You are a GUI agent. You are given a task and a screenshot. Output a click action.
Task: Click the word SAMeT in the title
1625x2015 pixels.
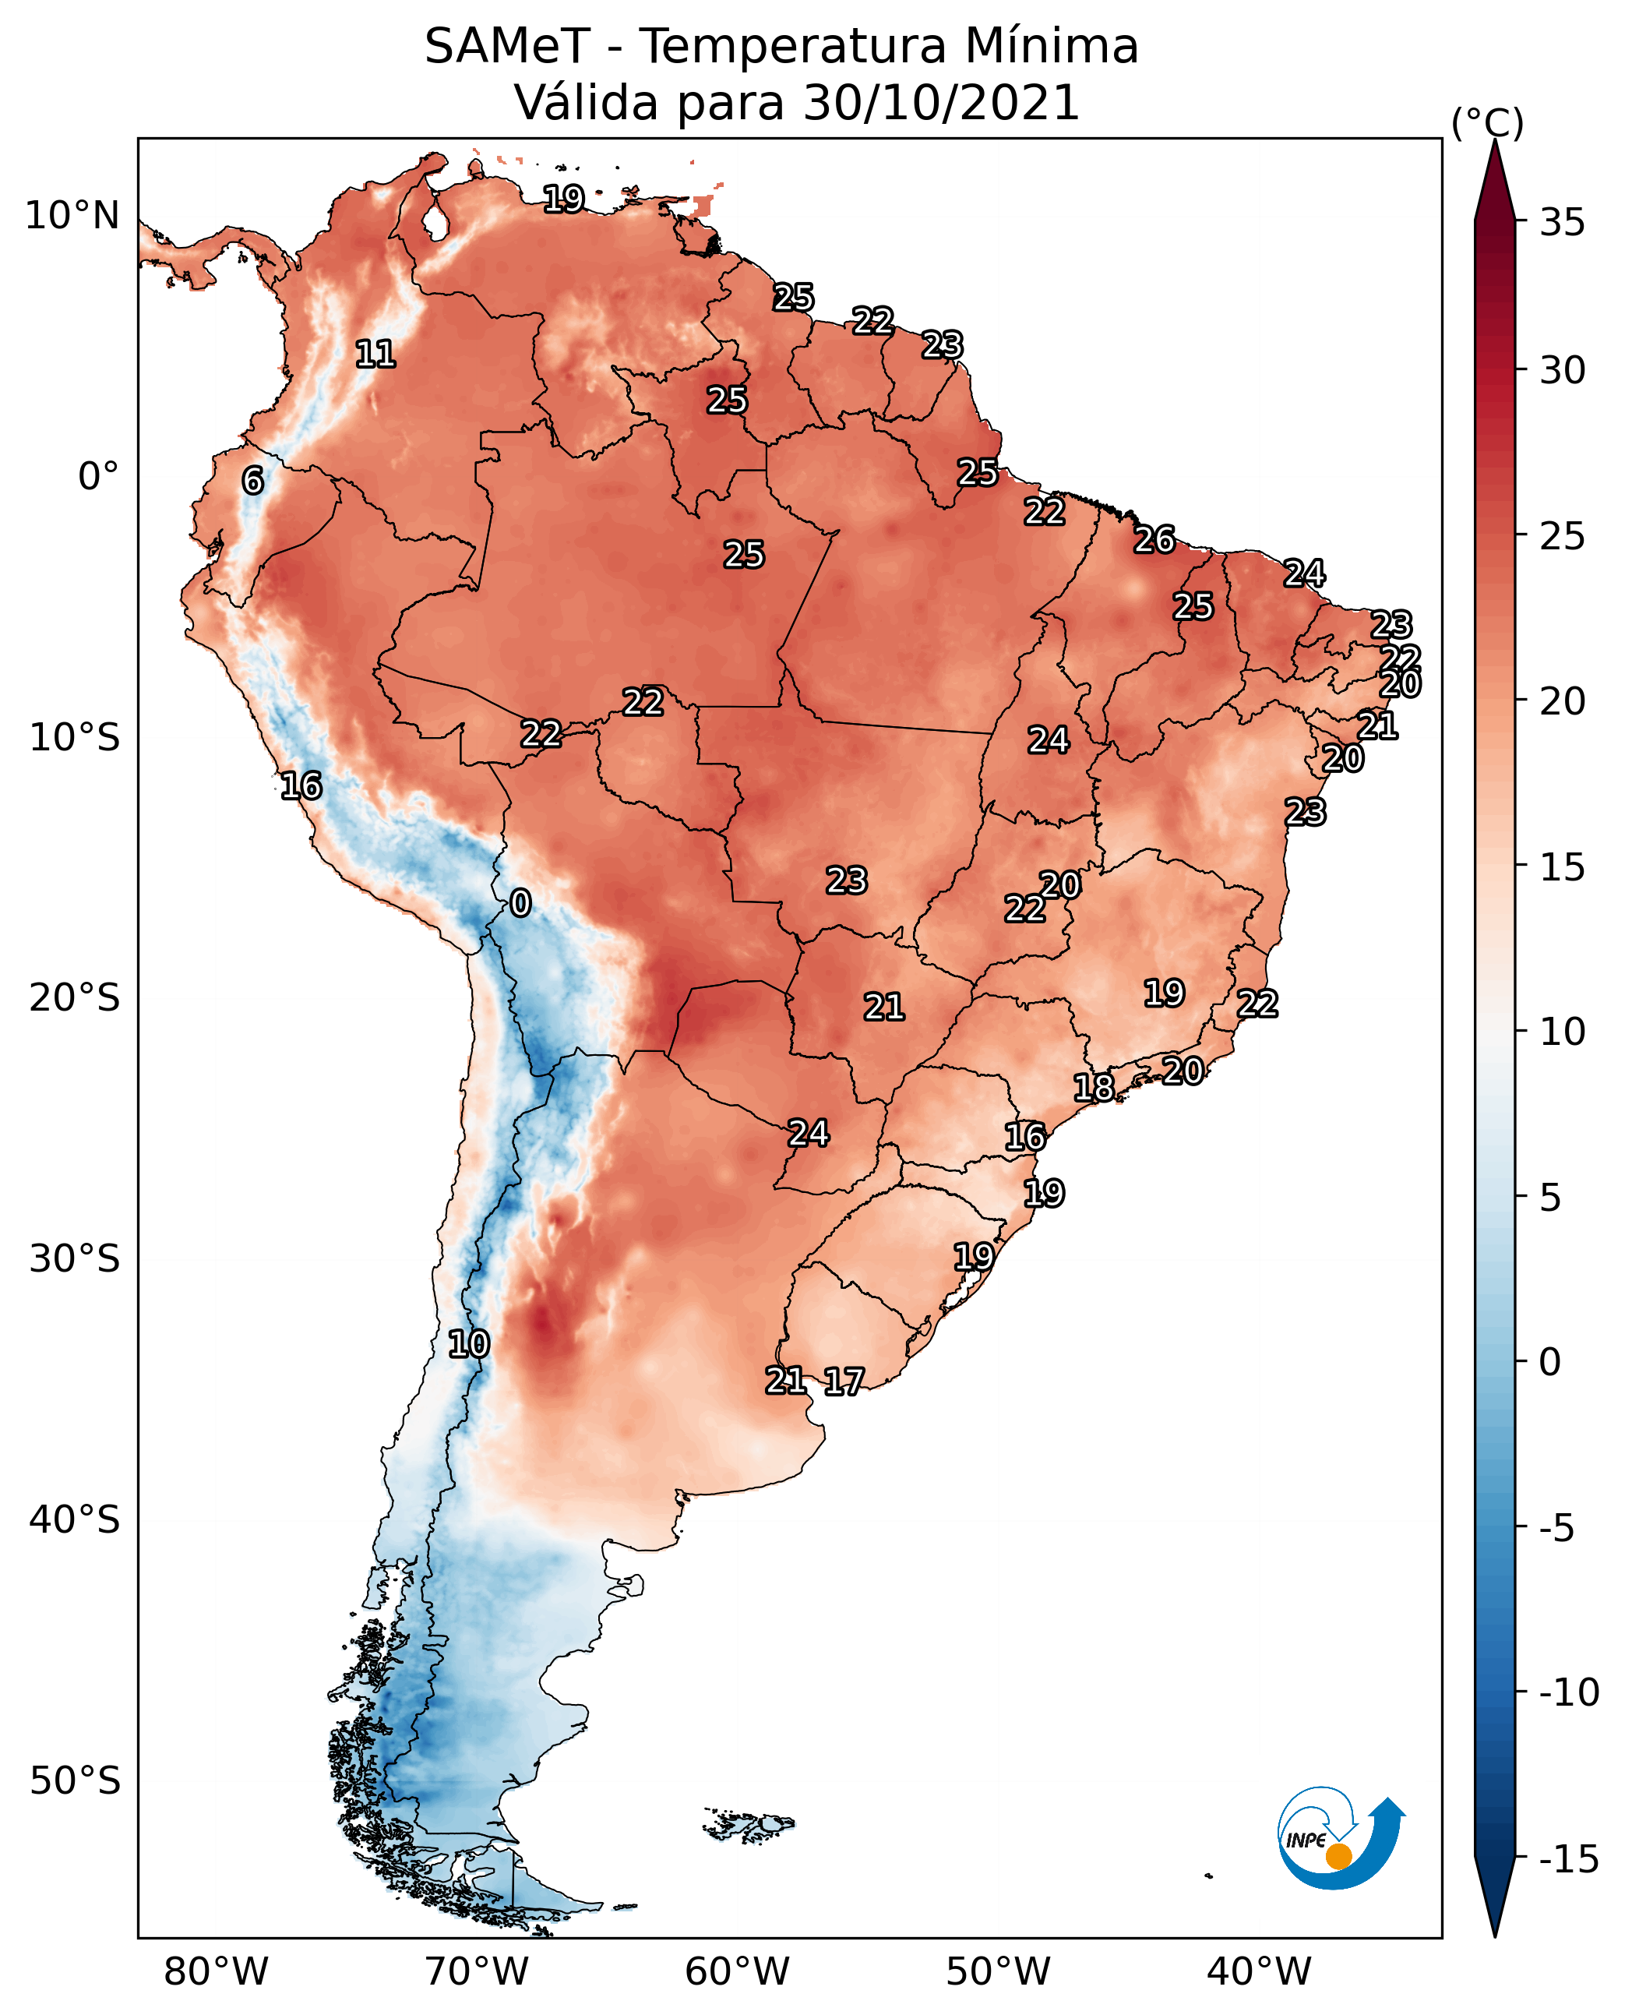[x=506, y=47]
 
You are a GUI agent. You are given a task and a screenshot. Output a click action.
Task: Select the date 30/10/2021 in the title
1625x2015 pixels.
[x=941, y=103]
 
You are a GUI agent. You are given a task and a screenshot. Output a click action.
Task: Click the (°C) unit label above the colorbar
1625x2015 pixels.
[x=1486, y=122]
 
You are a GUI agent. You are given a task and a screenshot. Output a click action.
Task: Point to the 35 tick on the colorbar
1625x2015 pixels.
[x=1562, y=223]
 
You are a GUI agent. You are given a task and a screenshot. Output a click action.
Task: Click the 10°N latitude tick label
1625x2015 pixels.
[x=72, y=217]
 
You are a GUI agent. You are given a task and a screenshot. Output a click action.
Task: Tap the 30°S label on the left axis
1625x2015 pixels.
[x=75, y=1258]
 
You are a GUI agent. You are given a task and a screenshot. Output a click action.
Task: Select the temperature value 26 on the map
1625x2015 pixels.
[x=1154, y=540]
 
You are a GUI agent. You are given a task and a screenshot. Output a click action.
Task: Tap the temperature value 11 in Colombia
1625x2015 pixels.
[x=375, y=354]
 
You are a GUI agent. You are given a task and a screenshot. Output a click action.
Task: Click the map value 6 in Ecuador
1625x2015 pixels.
[x=252, y=480]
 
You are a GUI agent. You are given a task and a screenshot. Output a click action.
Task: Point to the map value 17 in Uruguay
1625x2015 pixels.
[x=844, y=1381]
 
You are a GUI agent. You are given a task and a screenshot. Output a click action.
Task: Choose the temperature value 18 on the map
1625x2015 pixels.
[x=1093, y=1087]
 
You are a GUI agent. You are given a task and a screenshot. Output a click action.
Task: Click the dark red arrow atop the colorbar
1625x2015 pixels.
[x=1495, y=182]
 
